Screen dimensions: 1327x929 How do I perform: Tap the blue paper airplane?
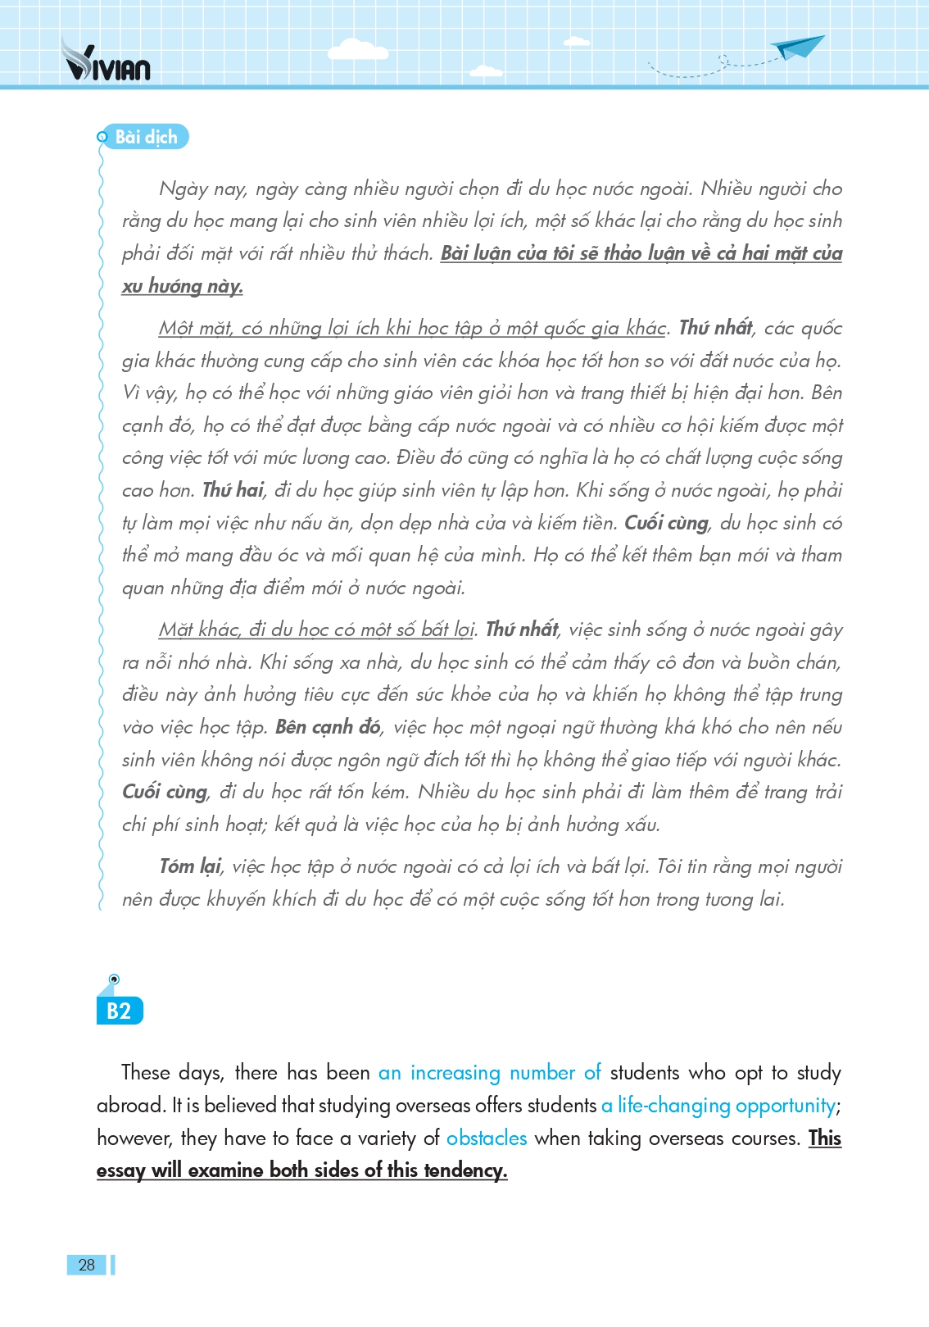(x=798, y=48)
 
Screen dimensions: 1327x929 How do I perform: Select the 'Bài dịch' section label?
(x=146, y=137)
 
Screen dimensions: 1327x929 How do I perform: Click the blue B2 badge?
(x=119, y=1011)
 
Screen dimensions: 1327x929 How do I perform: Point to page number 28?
(x=87, y=1265)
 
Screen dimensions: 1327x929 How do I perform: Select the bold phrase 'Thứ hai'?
(x=233, y=490)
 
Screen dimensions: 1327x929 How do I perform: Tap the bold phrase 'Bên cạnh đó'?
(x=328, y=727)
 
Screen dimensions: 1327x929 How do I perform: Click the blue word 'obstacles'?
(x=487, y=1138)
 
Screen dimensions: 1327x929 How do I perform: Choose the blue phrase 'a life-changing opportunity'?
(x=718, y=1105)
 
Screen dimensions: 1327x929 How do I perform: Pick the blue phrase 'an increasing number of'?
(x=489, y=1072)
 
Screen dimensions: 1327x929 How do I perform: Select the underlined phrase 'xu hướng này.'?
(x=182, y=286)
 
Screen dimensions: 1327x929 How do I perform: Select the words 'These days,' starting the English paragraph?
(x=172, y=1072)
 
